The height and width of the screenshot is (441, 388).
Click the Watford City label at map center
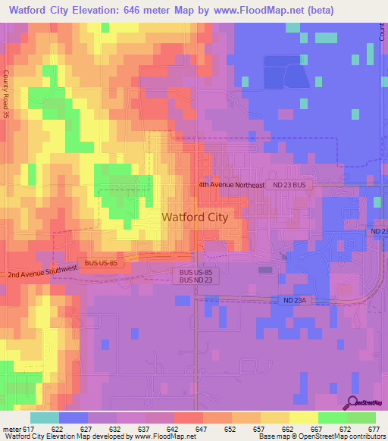[195, 217]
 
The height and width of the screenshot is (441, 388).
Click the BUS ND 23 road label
[196, 280]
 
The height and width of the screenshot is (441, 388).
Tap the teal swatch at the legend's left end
[44, 418]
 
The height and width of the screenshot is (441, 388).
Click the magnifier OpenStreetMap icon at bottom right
[352, 403]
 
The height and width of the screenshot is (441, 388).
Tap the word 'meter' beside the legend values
[11, 428]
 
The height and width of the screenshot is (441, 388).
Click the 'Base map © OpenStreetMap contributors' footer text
[321, 436]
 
